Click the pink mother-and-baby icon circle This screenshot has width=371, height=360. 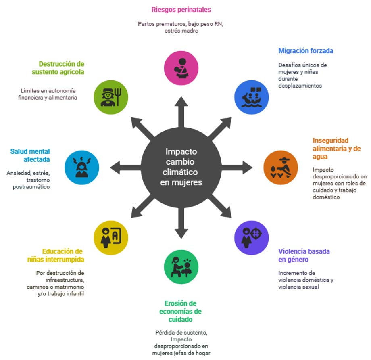(x=181, y=68)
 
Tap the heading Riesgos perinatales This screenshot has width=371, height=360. (x=181, y=10)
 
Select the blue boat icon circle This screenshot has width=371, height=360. (x=252, y=97)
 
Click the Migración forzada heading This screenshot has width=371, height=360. (x=306, y=51)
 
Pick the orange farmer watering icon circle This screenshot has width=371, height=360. (x=281, y=167)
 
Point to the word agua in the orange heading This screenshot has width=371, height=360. (x=320, y=157)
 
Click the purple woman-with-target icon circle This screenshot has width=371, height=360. (x=252, y=238)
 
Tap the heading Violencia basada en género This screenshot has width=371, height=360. (x=304, y=255)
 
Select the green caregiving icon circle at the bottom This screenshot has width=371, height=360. (x=181, y=267)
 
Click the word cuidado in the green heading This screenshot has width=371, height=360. (x=180, y=320)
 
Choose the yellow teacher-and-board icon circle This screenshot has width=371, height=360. (x=111, y=238)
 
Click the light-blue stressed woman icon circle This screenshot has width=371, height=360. (x=82, y=167)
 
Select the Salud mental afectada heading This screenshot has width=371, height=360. (x=30, y=155)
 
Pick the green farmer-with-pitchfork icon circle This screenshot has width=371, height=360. (x=111, y=97)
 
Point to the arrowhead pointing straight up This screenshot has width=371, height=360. (x=181, y=101)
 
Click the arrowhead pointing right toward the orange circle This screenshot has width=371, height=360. (x=248, y=167)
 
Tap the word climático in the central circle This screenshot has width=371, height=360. (x=180, y=172)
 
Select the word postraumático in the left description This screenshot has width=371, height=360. (x=31, y=187)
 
